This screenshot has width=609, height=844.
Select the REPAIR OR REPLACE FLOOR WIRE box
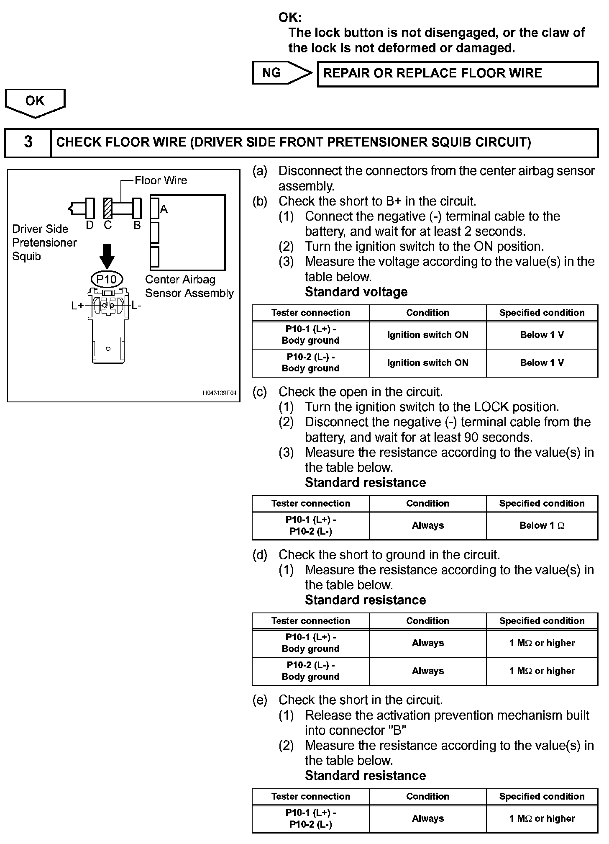coord(458,74)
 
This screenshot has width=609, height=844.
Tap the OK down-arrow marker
coord(35,102)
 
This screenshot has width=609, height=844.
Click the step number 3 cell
coord(28,142)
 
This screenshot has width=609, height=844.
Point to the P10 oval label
coord(107,279)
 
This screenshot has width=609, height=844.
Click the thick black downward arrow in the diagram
coord(107,256)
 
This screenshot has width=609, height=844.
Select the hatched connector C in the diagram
coord(108,208)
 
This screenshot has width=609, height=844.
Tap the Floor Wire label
coord(161,180)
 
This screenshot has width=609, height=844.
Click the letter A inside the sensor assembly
coord(164,209)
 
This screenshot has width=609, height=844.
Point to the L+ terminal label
coord(77,306)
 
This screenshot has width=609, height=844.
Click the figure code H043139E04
coord(220,393)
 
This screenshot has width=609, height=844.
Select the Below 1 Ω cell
coord(542,526)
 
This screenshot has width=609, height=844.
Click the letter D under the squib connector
coord(90,226)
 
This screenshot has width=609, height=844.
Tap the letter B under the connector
coord(137,226)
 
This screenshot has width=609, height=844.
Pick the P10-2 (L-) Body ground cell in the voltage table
coord(310,363)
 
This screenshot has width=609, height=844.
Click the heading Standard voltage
coord(356,292)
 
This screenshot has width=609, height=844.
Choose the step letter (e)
coord(260,700)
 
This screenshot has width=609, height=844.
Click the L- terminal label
coord(136,306)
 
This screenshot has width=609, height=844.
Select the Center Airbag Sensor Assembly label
coord(189,286)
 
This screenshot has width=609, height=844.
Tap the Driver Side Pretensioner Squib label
coord(44,243)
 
